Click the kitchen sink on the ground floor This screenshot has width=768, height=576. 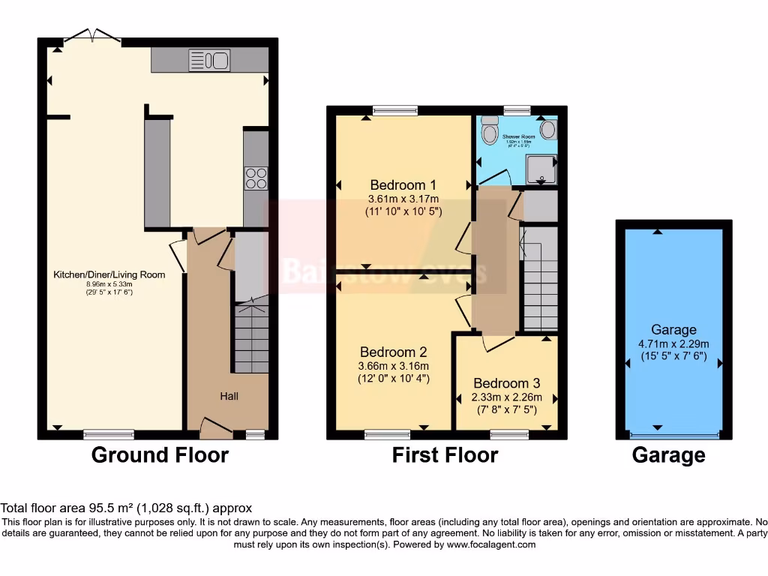click(x=209, y=60)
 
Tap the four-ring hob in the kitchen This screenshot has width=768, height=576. click(x=256, y=178)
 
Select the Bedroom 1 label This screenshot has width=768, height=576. click(x=403, y=185)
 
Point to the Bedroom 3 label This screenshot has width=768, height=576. click(x=507, y=383)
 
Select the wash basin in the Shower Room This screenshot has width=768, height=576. click(x=548, y=130)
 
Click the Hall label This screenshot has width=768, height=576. click(x=229, y=395)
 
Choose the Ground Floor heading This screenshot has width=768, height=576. click(x=160, y=454)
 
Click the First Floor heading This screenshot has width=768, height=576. click(x=445, y=454)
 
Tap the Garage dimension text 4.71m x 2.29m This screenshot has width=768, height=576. click(x=673, y=343)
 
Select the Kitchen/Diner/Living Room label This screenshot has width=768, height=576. click(x=109, y=274)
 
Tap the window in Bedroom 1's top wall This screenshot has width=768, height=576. click(x=395, y=111)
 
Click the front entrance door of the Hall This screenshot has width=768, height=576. click(x=216, y=430)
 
